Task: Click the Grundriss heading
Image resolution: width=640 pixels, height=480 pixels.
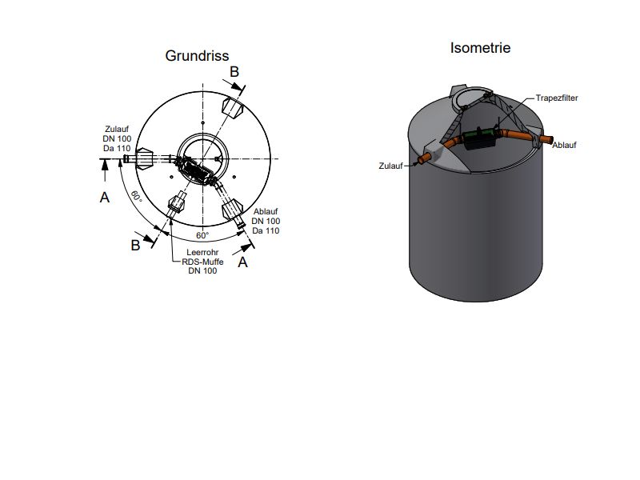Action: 197,56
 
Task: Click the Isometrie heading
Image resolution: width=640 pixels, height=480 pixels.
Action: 480,48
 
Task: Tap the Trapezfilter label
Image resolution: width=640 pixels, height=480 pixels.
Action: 557,98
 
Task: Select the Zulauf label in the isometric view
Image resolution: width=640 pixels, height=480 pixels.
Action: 390,166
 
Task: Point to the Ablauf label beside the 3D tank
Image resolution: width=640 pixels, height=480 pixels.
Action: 564,145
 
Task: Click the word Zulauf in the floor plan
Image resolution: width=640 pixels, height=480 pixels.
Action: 117,129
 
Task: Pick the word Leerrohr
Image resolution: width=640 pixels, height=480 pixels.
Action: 202,252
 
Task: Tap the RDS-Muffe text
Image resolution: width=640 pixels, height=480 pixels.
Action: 202,262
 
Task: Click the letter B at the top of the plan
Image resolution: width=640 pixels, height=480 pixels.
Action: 234,72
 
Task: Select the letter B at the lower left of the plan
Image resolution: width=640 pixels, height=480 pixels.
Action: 135,246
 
